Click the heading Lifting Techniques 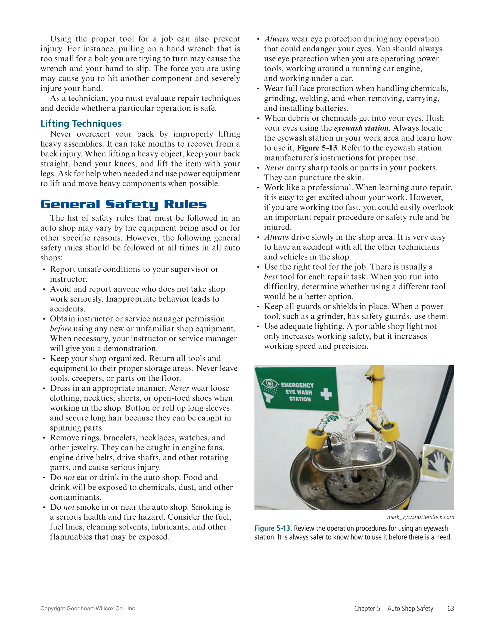81,123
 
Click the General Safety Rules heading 123,204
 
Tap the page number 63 450,608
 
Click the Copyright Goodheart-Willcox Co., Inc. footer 88,608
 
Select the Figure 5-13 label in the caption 273,528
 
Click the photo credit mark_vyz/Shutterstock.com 420,517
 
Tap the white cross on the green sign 326,394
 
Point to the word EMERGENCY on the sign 297,385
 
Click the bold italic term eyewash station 361,128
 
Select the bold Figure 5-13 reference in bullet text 317,148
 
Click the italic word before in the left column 60,329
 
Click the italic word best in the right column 271,277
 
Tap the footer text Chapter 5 367,608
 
